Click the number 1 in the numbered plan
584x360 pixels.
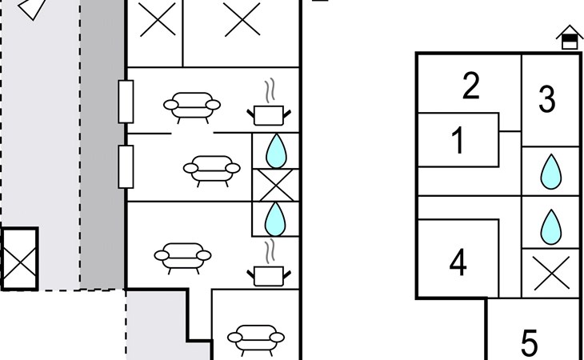pos(458,140)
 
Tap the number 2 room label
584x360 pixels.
pos(470,86)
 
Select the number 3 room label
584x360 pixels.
pos(546,98)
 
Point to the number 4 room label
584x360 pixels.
pos(458,262)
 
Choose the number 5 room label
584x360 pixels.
pos(530,343)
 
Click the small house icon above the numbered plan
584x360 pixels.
pos(570,38)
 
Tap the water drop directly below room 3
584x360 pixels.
pos(551,172)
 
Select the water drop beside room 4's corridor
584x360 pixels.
pos(551,226)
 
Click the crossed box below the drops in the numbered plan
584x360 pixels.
pos(551,274)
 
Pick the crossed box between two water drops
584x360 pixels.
pos(276,186)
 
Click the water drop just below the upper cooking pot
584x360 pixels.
pos(276,150)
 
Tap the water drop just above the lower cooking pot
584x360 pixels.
pos(275,219)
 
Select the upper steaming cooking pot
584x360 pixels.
pos(269,102)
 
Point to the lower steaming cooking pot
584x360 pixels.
pos(269,263)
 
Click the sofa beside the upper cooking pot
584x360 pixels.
pos(192,107)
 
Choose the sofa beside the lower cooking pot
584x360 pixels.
pos(182,258)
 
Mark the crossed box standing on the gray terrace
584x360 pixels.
pos(19,258)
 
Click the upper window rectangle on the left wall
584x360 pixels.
pos(126,102)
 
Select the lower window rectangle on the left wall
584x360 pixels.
pos(126,166)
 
